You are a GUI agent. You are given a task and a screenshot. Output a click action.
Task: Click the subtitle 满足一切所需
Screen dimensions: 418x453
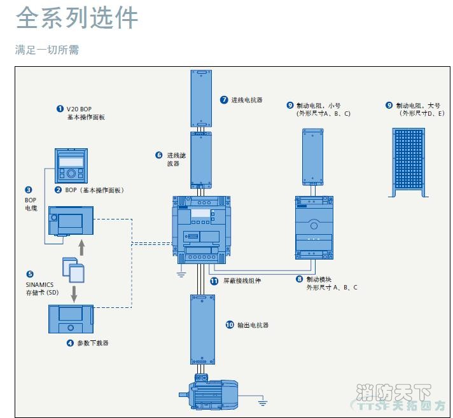[x=47, y=50]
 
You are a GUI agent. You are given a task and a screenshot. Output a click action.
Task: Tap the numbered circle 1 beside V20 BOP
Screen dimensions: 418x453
[x=60, y=109]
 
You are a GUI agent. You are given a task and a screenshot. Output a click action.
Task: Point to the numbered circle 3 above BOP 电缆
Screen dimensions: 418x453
[x=29, y=190]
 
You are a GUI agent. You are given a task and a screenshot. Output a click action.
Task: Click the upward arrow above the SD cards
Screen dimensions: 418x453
[x=80, y=245]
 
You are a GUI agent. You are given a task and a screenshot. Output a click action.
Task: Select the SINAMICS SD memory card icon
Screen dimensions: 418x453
[x=72, y=270]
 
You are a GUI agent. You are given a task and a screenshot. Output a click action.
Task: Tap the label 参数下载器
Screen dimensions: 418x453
[x=92, y=343]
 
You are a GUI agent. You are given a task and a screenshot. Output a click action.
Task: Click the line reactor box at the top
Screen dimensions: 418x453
[x=200, y=98]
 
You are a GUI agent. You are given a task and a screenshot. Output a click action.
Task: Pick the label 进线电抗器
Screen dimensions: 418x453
[x=246, y=100]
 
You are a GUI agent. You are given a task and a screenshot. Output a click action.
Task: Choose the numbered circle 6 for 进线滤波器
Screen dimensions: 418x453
[x=159, y=155]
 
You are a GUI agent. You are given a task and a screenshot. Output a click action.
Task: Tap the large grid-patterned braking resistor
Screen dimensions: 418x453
[x=407, y=160]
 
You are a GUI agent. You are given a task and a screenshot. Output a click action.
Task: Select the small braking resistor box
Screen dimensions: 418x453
[x=313, y=156]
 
